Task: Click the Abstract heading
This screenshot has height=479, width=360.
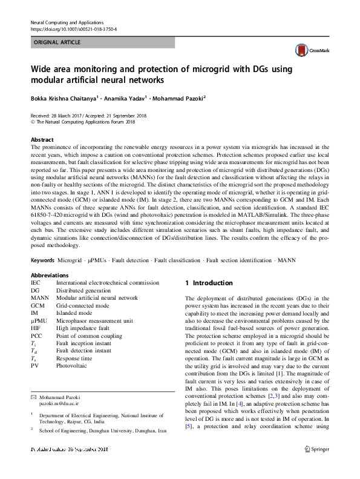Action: click(x=42, y=139)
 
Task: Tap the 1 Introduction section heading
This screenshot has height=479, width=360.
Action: click(x=208, y=283)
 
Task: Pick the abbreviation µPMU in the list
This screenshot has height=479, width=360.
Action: click(x=40, y=320)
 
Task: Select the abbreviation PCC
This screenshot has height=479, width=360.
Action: click(x=38, y=335)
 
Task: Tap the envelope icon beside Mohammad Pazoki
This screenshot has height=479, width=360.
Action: click(x=33, y=395)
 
